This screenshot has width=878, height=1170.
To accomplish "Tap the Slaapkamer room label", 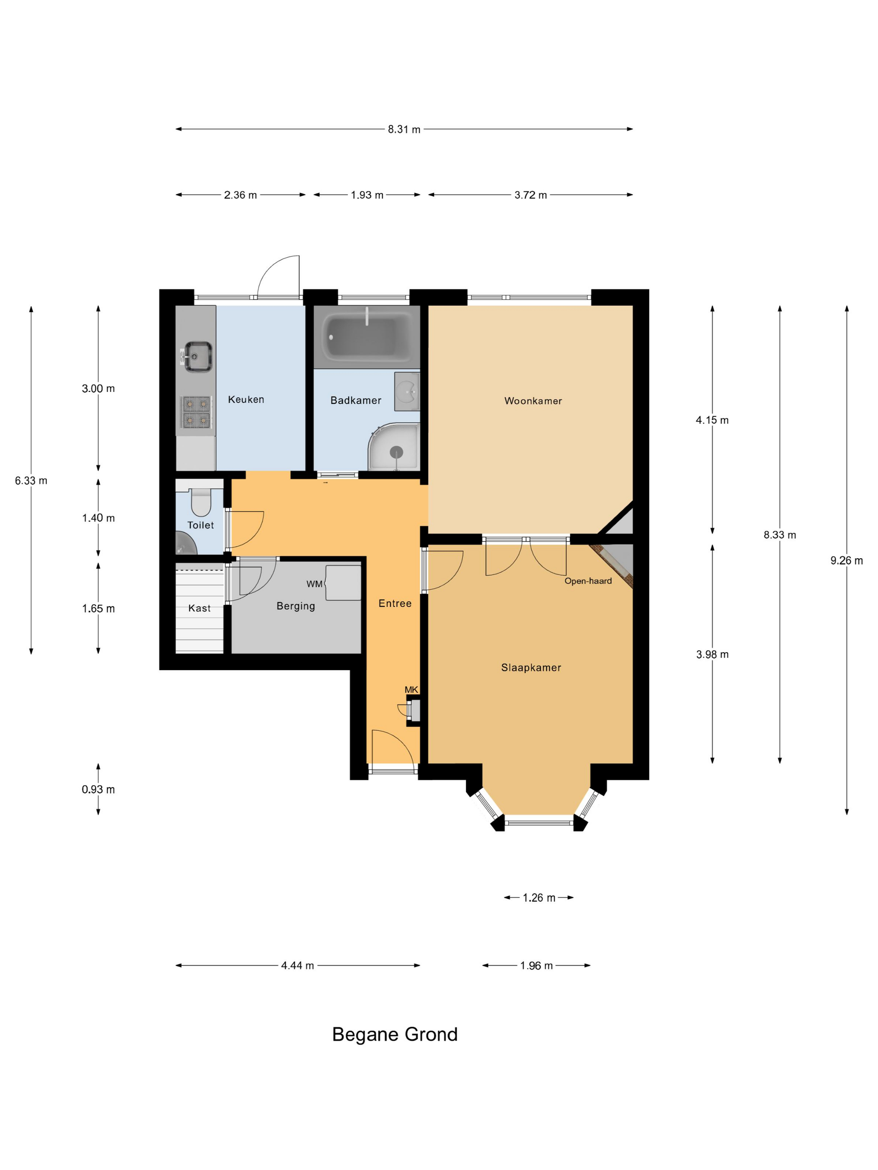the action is tap(531, 667).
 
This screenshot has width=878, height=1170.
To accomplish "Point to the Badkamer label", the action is tap(356, 400).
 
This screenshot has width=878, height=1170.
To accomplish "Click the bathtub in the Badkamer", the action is tap(367, 337).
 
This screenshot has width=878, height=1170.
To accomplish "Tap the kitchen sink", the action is tap(197, 356).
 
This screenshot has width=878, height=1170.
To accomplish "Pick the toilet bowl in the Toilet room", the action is tap(201, 503).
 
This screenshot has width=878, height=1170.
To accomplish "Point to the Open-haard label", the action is tap(588, 581).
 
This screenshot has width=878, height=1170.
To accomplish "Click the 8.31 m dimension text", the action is tap(404, 130).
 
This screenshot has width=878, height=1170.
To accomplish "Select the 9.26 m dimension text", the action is tap(847, 561).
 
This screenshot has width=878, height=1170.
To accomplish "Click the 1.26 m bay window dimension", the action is tap(539, 898).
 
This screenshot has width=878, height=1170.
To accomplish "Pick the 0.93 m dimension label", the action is tap(98, 789).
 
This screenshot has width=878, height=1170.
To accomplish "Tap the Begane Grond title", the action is tap(395, 1034).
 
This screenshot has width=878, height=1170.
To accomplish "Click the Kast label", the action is tap(199, 608).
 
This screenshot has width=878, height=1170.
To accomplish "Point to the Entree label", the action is tap(395, 603).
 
